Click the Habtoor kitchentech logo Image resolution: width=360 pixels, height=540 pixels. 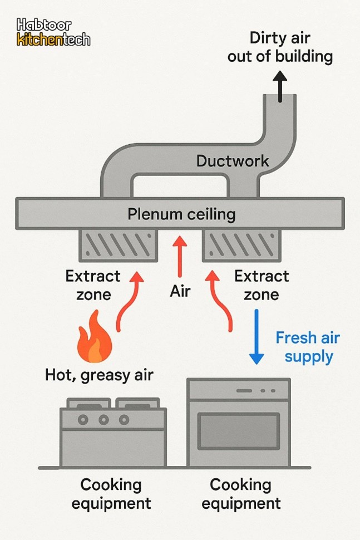[x=53, y=32]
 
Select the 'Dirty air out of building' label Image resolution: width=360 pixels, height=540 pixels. [x=280, y=47]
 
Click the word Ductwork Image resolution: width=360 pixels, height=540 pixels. [x=233, y=161]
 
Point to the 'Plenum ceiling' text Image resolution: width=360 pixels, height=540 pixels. [x=181, y=214]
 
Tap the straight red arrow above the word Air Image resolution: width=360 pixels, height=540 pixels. [x=179, y=256]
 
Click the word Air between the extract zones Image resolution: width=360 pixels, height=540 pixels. [x=180, y=291]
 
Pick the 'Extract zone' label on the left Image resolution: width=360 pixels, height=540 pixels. [x=93, y=284]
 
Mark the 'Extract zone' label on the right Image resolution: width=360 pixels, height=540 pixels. [x=262, y=284]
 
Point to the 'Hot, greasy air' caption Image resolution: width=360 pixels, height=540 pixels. [x=99, y=375]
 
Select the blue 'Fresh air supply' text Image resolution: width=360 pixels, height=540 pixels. [x=308, y=347]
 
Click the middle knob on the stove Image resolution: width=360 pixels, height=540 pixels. [x=103, y=419]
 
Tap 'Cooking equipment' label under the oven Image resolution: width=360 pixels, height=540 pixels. [x=240, y=494]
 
